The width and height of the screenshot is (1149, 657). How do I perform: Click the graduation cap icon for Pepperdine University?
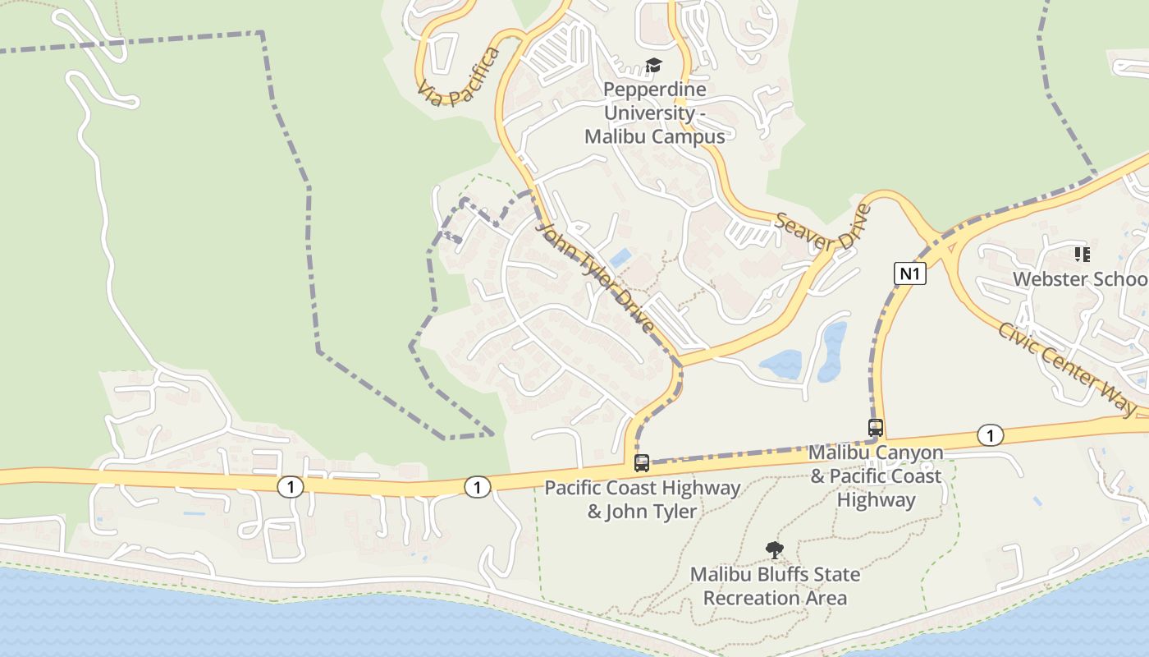pos(653,65)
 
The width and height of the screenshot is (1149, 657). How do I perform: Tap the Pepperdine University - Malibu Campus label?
pos(655,113)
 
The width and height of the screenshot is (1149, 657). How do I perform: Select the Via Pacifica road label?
pos(459,78)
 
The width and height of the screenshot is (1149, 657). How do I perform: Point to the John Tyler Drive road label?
pos(597,277)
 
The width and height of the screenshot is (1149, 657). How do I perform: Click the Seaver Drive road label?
pos(822,232)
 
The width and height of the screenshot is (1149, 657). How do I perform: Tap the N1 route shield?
pos(909,273)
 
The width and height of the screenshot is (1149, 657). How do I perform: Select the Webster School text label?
pos(1080,279)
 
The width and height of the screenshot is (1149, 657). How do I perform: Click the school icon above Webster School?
pos(1083,255)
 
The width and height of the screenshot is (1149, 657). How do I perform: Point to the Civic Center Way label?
pos(1067,368)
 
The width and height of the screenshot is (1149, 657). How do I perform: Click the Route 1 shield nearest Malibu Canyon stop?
pos(991,435)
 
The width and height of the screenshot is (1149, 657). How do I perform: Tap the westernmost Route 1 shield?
pos(290,487)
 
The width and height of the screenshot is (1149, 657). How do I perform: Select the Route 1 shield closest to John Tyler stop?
pos(477,487)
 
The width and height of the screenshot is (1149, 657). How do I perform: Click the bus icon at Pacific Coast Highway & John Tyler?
pos(642,463)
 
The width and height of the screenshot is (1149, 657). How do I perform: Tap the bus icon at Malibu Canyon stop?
pos(876,428)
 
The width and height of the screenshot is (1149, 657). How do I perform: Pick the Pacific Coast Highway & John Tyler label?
pos(643,499)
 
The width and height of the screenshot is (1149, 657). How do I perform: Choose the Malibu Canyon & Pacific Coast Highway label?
pos(876,476)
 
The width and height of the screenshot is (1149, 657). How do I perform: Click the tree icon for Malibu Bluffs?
pos(774,550)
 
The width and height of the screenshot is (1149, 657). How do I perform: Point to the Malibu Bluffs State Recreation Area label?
pos(775,586)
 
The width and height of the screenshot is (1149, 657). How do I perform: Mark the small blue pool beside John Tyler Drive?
pos(620,257)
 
